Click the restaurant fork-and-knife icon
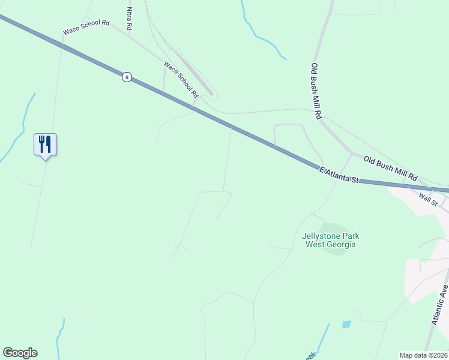45,145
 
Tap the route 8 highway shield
126,77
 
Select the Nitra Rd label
129,19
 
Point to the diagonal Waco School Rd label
181,79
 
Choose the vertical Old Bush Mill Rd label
317,91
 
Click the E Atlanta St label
339,175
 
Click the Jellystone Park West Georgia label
330,240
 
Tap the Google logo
20,353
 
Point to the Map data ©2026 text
423,355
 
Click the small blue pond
346,325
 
